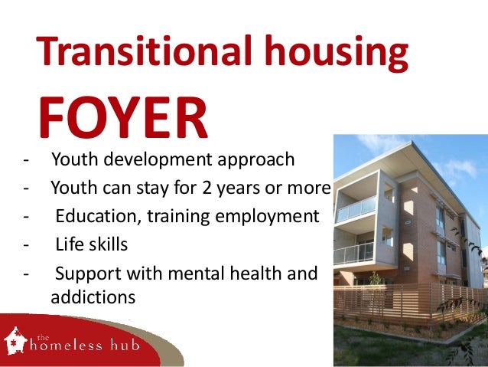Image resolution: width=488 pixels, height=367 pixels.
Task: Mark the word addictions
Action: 93,297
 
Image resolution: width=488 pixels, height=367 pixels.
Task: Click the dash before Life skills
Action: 28,245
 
